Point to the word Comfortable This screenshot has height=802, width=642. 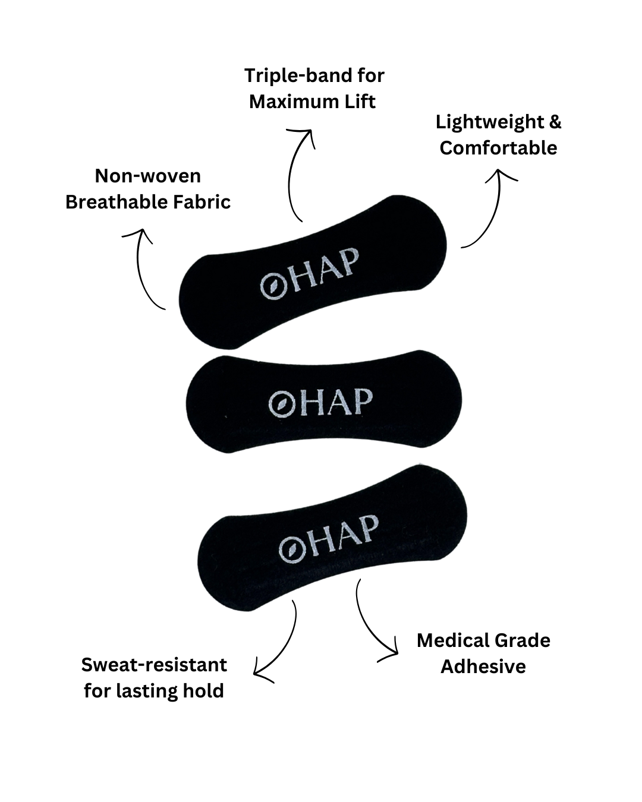click(498, 148)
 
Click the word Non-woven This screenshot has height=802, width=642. click(147, 176)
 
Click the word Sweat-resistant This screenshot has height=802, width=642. click(154, 665)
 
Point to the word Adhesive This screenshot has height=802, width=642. click(483, 667)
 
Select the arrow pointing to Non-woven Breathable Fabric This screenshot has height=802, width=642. click(143, 267)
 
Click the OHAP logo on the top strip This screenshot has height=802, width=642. click(310, 274)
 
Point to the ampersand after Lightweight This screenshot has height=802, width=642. click(555, 122)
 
